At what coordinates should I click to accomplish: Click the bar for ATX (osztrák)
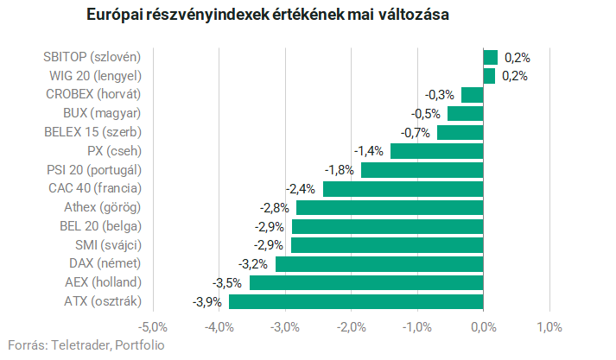356,301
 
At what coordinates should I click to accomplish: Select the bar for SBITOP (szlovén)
490,57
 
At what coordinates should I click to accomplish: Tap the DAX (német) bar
379,263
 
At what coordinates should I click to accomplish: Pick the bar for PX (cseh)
436,151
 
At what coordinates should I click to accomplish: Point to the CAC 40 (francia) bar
403,188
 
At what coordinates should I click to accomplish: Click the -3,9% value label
207,302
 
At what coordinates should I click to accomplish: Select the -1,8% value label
340,170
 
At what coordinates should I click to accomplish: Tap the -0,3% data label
440,95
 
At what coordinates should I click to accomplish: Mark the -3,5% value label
228,283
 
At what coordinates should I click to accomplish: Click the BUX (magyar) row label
102,113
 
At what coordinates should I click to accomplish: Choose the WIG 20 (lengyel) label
94,76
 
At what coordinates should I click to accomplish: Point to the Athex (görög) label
102,207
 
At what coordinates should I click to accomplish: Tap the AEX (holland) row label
103,282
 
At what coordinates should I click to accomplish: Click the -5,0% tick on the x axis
153,327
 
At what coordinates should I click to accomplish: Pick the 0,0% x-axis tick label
483,327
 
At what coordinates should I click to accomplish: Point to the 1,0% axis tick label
549,327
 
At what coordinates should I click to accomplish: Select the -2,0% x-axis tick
351,327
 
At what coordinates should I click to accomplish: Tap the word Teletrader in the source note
77,345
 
